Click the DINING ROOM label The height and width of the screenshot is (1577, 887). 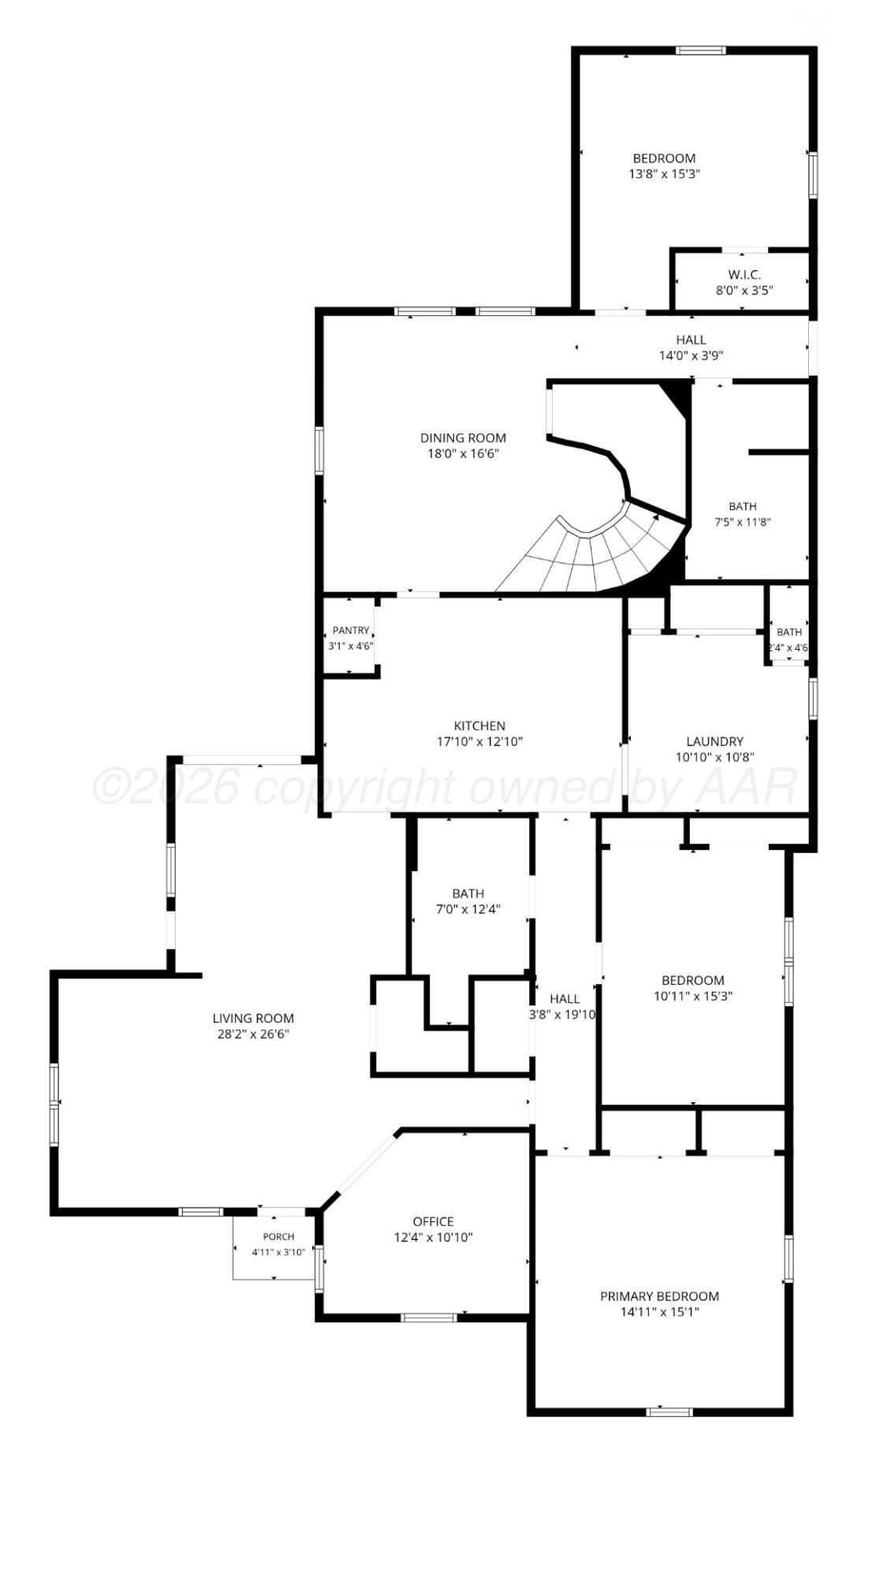463,438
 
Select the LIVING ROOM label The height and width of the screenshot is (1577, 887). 253,1018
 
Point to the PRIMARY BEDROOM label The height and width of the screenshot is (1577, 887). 660,1296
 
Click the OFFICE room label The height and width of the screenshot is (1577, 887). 433,1221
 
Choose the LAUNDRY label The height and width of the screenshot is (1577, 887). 714,741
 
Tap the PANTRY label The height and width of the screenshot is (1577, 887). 351,630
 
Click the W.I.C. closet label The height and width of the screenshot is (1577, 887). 744,274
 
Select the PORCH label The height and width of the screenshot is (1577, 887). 278,1236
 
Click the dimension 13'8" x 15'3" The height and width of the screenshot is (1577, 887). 665,173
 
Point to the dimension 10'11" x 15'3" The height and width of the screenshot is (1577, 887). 693,996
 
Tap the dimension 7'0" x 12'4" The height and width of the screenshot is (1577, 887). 468,909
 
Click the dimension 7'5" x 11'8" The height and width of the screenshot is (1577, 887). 742,521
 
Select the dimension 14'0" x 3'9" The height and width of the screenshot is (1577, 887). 691,356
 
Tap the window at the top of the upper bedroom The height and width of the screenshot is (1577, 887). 700,50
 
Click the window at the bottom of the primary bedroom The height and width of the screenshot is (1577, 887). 669,1411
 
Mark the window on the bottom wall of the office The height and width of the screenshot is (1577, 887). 428,1317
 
